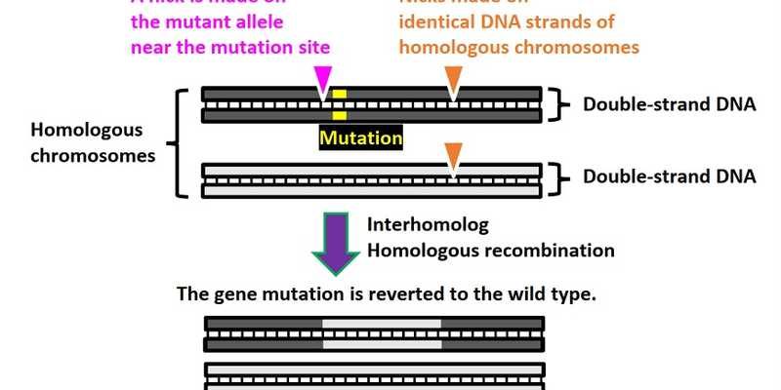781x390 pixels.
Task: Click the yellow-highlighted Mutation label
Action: coord(361,137)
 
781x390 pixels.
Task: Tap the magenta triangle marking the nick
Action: coord(322,78)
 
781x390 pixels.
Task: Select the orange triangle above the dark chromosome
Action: coord(452,78)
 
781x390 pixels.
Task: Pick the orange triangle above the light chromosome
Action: coord(452,154)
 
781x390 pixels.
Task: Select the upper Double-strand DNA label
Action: coord(669,104)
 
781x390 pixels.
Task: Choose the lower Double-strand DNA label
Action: coord(669,176)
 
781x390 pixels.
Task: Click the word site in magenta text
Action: coord(309,46)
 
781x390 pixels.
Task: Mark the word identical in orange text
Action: coord(435,22)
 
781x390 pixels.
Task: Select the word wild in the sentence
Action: coord(536,292)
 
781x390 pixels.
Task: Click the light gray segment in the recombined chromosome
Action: coord(381,332)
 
